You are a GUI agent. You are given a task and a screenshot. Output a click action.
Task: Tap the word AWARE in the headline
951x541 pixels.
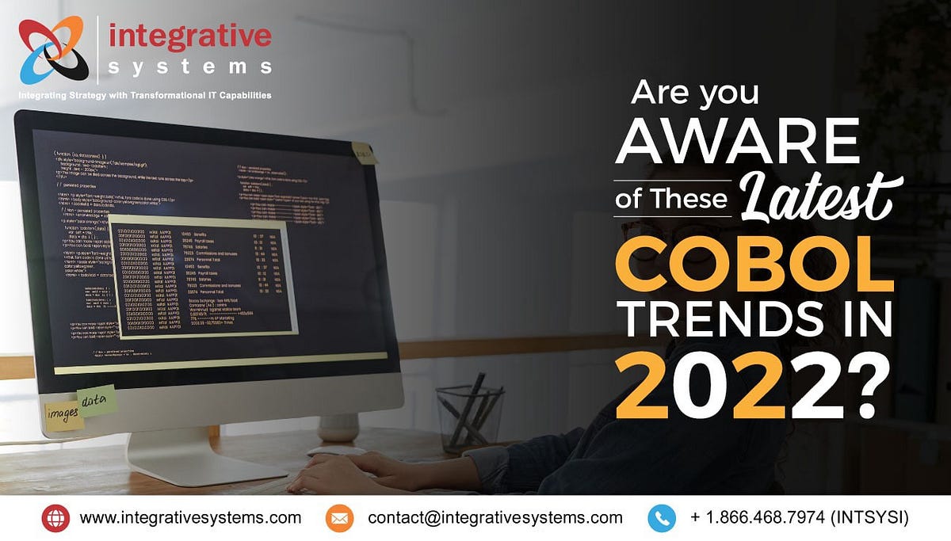(x=738, y=143)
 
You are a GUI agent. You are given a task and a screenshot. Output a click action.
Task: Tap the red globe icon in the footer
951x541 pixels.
(x=55, y=518)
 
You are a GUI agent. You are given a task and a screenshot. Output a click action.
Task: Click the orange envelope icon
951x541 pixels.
(x=338, y=518)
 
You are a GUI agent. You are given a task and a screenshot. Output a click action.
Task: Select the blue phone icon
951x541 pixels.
(x=661, y=518)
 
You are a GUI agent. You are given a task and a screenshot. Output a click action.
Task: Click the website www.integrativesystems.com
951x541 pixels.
(x=190, y=518)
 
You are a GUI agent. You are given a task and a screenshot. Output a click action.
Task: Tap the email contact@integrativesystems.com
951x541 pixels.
(x=495, y=518)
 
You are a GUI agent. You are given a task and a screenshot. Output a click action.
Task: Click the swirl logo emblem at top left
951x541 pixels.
(x=52, y=49)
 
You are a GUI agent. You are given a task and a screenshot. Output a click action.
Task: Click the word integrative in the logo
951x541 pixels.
(x=189, y=36)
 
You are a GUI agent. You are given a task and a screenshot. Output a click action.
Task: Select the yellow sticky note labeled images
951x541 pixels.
(x=63, y=415)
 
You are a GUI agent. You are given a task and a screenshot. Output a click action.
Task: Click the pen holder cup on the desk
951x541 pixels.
(x=469, y=419)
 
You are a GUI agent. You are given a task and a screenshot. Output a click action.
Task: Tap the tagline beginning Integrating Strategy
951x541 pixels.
(x=145, y=95)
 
